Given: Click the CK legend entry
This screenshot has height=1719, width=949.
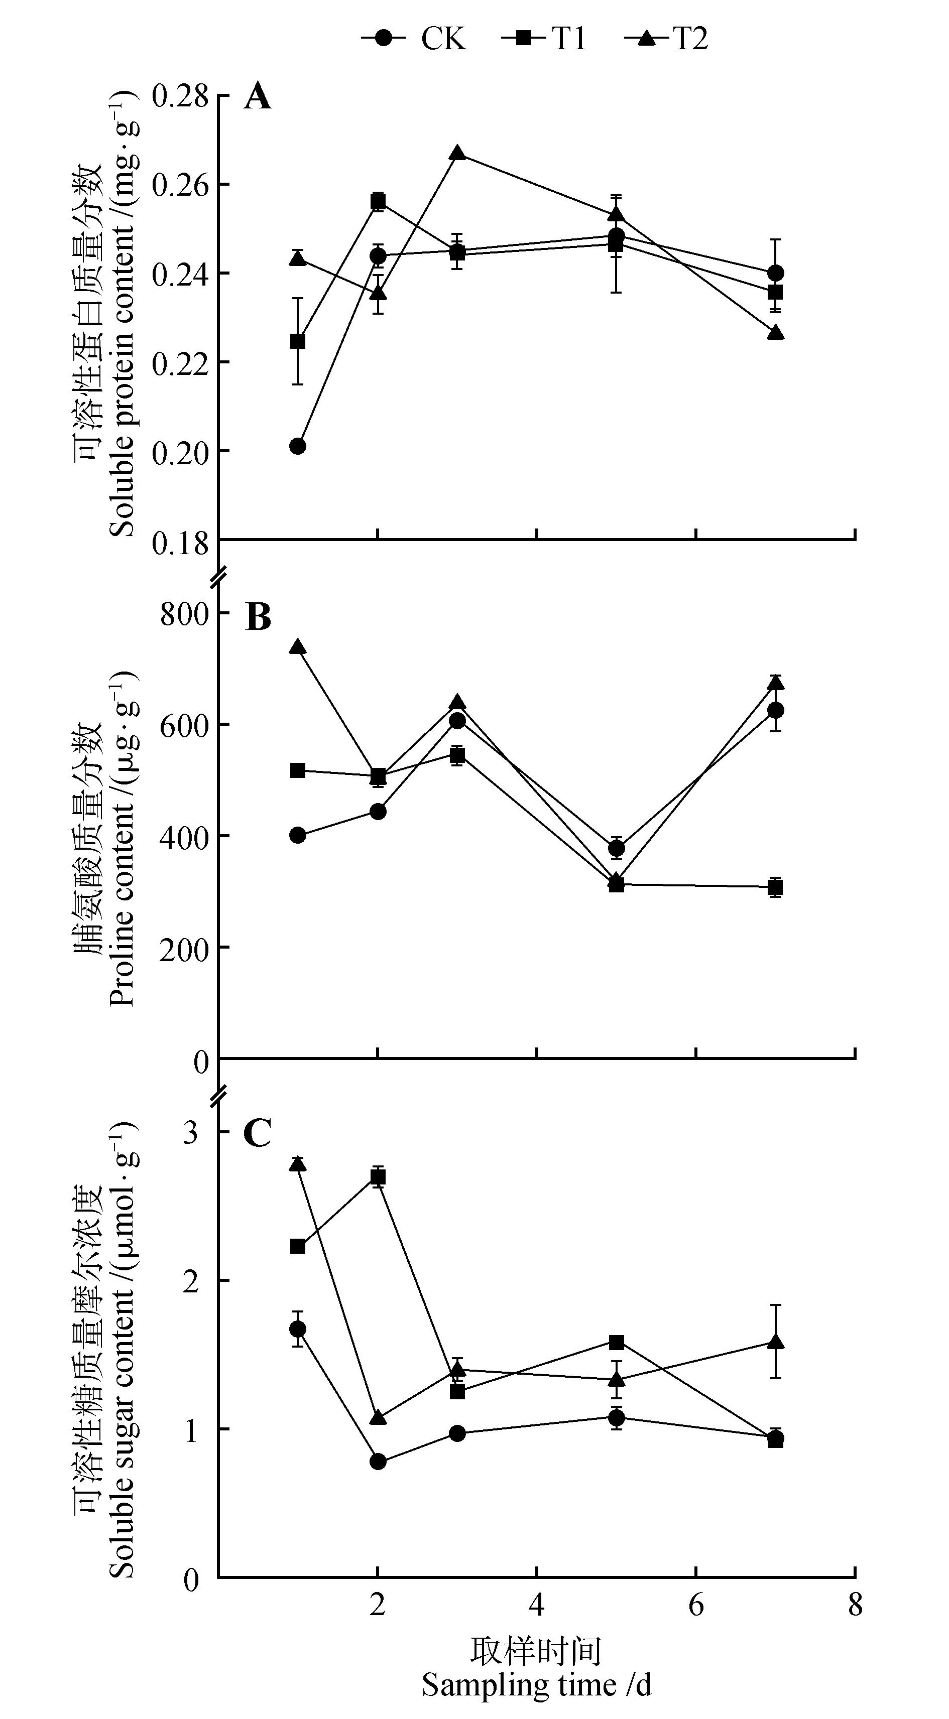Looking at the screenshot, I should pyautogui.click(x=414, y=38).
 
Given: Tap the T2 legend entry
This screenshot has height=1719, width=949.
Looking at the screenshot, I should pyautogui.click(x=667, y=38).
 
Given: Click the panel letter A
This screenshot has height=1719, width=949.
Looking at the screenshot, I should pyautogui.click(x=258, y=97).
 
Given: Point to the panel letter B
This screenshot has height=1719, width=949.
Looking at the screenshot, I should pyautogui.click(x=258, y=618).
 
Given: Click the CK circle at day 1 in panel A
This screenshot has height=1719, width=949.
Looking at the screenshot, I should pyautogui.click(x=298, y=446).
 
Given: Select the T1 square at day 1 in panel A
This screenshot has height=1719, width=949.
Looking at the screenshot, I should pyautogui.click(x=298, y=341).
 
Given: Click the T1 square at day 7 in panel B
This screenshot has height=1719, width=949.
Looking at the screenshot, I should pyautogui.click(x=775, y=887).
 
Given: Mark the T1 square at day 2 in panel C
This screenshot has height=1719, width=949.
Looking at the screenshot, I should pyautogui.click(x=378, y=1177).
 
